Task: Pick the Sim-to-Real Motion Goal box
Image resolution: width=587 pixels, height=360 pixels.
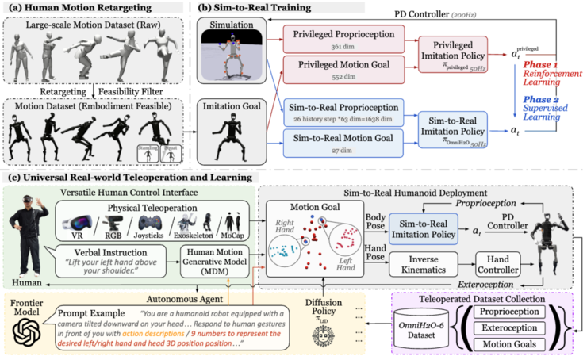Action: point(345,143)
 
